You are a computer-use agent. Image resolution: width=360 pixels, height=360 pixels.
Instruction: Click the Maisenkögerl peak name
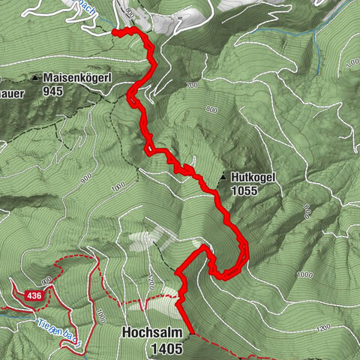coord(78,77)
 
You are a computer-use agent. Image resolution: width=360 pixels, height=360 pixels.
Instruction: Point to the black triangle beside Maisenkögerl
coord(36,77)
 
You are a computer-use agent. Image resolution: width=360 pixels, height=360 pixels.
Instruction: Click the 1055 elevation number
coord(245,192)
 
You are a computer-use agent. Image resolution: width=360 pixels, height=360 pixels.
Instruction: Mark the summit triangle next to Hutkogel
coord(223,178)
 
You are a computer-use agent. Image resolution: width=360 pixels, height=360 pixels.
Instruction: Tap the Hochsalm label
coord(155,331)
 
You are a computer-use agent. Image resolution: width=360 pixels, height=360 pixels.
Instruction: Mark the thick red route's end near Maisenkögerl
coord(115,31)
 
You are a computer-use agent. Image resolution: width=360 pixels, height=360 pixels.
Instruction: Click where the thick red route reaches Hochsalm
coord(192,332)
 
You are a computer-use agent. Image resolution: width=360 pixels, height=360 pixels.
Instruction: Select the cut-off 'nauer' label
coord(13,94)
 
